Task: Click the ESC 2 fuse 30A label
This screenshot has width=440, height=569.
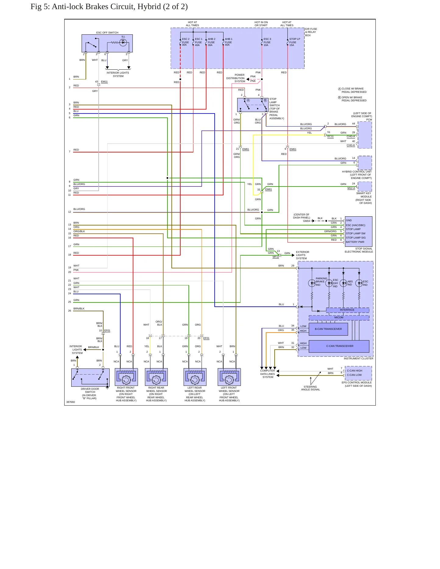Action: click(x=185, y=42)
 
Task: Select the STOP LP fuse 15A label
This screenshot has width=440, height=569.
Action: click(x=294, y=42)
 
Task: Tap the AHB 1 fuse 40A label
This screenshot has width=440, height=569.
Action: click(x=228, y=42)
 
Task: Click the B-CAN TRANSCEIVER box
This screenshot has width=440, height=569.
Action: click(x=328, y=329)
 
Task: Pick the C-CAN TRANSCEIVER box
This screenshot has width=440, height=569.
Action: click(x=339, y=346)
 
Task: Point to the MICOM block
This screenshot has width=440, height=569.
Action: click(x=339, y=317)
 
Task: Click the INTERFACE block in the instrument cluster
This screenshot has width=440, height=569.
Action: click(x=347, y=310)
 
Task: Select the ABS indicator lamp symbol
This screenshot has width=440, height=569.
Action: click(x=343, y=283)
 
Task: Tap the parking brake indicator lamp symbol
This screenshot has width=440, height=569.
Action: click(x=312, y=283)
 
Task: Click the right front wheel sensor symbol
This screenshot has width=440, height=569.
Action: click(x=126, y=377)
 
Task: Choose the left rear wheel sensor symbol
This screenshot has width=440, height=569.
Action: click(x=195, y=377)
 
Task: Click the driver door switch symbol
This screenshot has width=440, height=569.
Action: click(x=90, y=378)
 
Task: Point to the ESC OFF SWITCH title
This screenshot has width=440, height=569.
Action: click(x=107, y=33)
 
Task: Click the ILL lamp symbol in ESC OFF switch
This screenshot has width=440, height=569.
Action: click(x=123, y=43)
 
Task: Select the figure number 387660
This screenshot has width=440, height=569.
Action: click(x=71, y=402)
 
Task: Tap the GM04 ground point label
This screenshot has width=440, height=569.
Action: click(x=306, y=221)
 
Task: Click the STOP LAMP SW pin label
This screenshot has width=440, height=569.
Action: click(x=356, y=233)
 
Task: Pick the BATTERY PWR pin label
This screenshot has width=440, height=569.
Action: click(x=355, y=242)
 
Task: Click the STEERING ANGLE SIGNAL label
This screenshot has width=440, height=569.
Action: click(x=311, y=388)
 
